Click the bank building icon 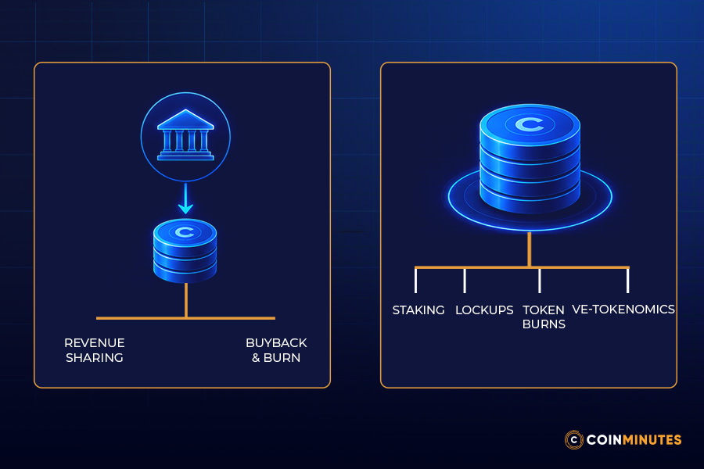click(x=185, y=134)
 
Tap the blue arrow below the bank click(x=185, y=199)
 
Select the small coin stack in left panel click(x=185, y=250)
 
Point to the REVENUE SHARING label click(x=95, y=350)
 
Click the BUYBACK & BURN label click(x=276, y=350)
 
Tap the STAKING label click(x=418, y=310)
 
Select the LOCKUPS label click(x=484, y=310)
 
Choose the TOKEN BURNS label click(x=544, y=317)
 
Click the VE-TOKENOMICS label click(x=623, y=310)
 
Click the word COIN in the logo click(x=604, y=439)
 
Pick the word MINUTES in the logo click(x=652, y=439)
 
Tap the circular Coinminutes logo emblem click(x=574, y=439)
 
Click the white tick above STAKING click(x=416, y=281)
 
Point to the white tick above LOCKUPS click(x=465, y=281)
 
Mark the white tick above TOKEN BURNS click(x=539, y=281)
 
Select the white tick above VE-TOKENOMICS click(x=627, y=281)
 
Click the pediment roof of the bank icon click(x=185, y=120)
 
